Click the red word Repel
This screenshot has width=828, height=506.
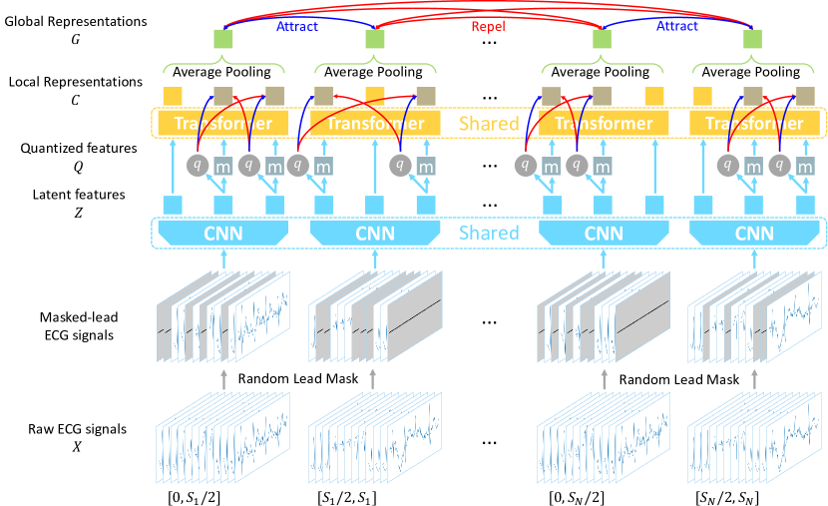pyautogui.click(x=489, y=28)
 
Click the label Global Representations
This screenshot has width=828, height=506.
pyautogui.click(x=76, y=20)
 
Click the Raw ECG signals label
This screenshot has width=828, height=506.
pyautogui.click(x=76, y=430)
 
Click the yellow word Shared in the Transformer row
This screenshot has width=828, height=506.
pyautogui.click(x=488, y=124)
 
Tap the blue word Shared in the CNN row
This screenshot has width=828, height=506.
pyautogui.click(x=488, y=234)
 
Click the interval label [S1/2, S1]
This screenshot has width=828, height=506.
pyautogui.click(x=347, y=493)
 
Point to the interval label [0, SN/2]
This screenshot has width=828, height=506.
pyautogui.click(x=578, y=493)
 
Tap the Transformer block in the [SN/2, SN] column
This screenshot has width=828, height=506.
pyautogui.click(x=747, y=124)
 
